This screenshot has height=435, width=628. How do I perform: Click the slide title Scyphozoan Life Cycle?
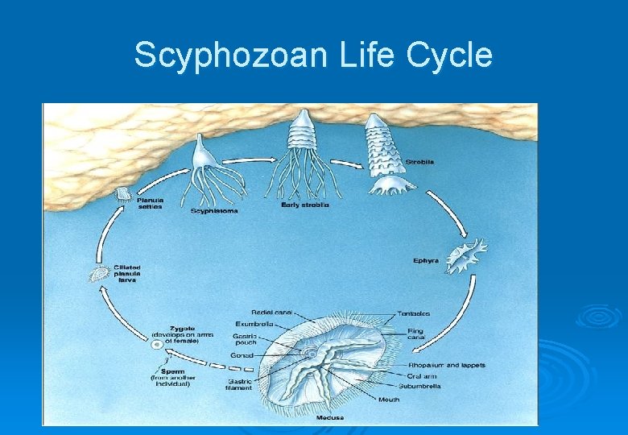point(313,56)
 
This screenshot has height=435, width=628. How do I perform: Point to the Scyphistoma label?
point(214,211)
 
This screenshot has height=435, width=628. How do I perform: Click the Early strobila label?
point(305,205)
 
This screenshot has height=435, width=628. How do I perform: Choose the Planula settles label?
point(150,203)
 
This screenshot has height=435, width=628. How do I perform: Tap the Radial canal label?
point(272,312)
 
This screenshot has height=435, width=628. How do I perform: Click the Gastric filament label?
point(238,384)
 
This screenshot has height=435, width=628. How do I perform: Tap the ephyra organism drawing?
point(465,255)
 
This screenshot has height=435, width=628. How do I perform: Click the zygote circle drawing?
point(157,345)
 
